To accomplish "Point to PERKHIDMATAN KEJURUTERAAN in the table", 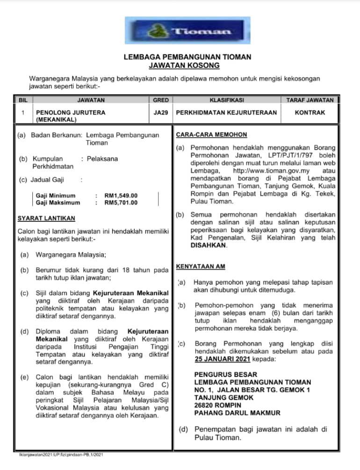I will tap(226, 113).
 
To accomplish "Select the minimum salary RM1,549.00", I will tap(121, 195).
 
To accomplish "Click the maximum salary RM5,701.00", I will tap(121, 202).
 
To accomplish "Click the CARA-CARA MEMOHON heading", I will tap(211, 135).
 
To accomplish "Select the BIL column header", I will tap(23, 100).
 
